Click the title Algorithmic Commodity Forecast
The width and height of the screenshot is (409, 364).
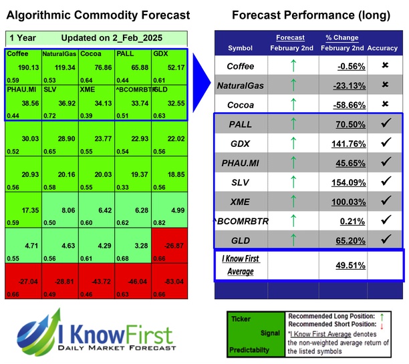point(98,15)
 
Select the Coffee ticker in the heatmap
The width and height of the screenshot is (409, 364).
point(19,53)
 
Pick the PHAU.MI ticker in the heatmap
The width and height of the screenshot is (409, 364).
point(22,89)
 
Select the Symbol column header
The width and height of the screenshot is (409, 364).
point(241,48)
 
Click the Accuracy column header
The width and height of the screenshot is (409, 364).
point(383,48)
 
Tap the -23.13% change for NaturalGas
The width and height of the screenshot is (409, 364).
point(350,85)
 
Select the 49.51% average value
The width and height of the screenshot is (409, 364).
point(350,264)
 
